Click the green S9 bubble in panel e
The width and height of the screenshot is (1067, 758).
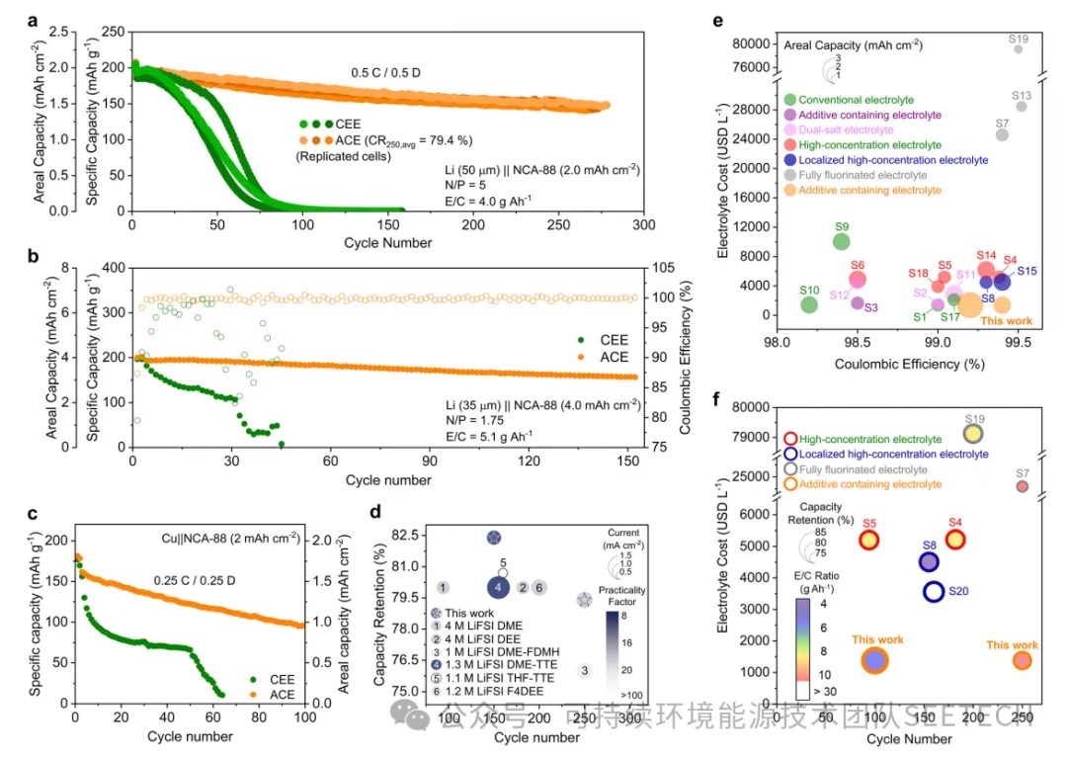pyautogui.click(x=842, y=241)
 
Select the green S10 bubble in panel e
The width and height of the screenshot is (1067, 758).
pyautogui.click(x=809, y=303)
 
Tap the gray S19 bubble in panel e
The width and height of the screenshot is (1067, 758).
pyautogui.click(x=1018, y=48)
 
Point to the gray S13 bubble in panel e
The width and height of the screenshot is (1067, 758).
pyautogui.click(x=1022, y=106)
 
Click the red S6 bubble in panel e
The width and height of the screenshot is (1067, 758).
pyautogui.click(x=858, y=280)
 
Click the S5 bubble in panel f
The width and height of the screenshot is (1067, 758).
pyautogui.click(x=868, y=540)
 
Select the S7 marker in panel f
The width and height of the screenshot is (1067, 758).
pyautogui.click(x=1022, y=485)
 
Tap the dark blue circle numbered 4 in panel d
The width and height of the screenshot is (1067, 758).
pyautogui.click(x=500, y=587)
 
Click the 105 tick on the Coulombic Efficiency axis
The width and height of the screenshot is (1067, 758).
pyautogui.click(x=659, y=267)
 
